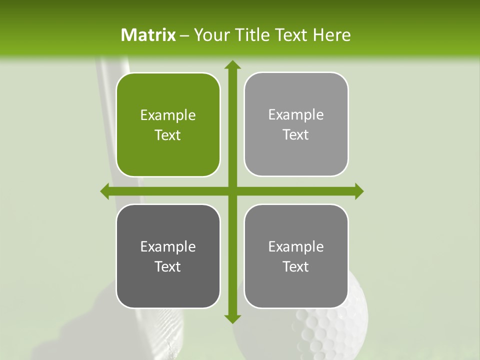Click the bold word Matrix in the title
click(148, 35)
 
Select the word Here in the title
click(332, 35)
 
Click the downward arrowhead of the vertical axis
click(232, 318)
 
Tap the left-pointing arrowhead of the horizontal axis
click(105, 191)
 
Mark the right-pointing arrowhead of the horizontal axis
click(359, 191)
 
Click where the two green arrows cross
click(232, 191)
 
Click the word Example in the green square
click(168, 115)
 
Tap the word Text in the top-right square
click(295, 135)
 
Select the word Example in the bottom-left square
click(168, 246)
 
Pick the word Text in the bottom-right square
click(295, 266)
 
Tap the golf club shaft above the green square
click(111, 67)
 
